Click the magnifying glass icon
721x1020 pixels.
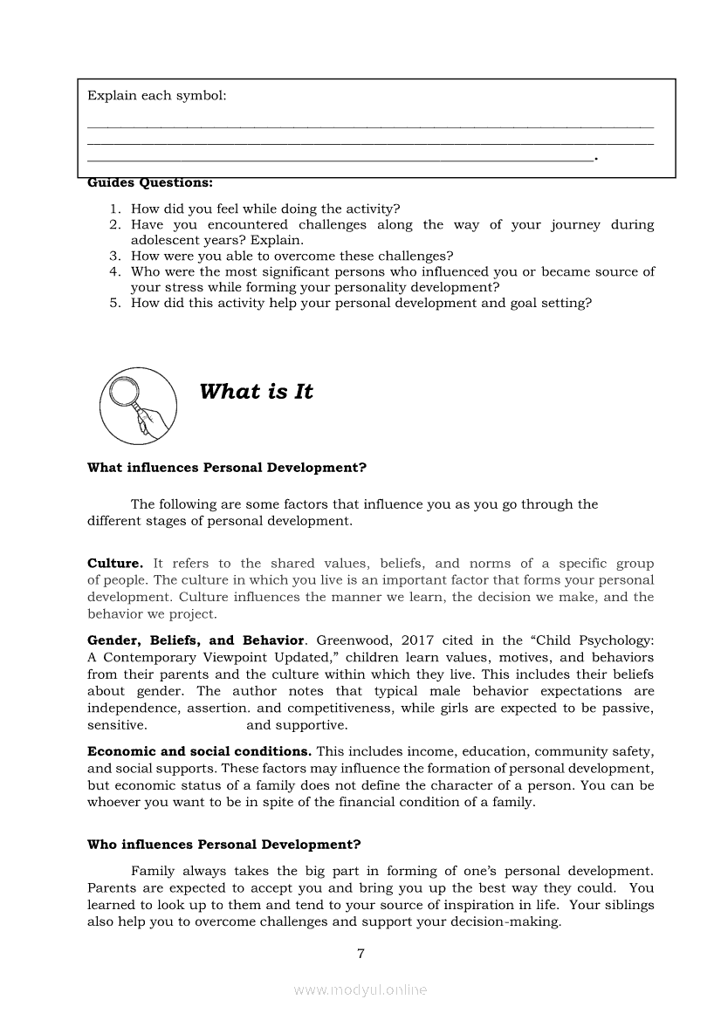(138, 407)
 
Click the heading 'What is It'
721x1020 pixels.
(256, 392)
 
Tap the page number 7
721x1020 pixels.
(360, 954)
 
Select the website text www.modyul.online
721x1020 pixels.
(360, 989)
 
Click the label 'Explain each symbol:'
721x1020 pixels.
(157, 95)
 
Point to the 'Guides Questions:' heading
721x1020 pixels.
(150, 182)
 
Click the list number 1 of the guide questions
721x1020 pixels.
(114, 209)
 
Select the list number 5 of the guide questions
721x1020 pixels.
(114, 304)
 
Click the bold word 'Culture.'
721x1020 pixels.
(115, 564)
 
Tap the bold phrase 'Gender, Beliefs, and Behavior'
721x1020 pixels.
(196, 640)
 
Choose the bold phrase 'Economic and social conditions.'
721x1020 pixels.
(199, 751)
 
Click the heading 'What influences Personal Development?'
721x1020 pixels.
(227, 468)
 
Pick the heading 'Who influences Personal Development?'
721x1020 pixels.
(224, 845)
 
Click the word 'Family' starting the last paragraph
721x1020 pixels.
(153, 871)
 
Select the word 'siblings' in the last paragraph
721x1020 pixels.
(626, 905)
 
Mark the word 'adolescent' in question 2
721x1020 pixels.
(168, 240)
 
